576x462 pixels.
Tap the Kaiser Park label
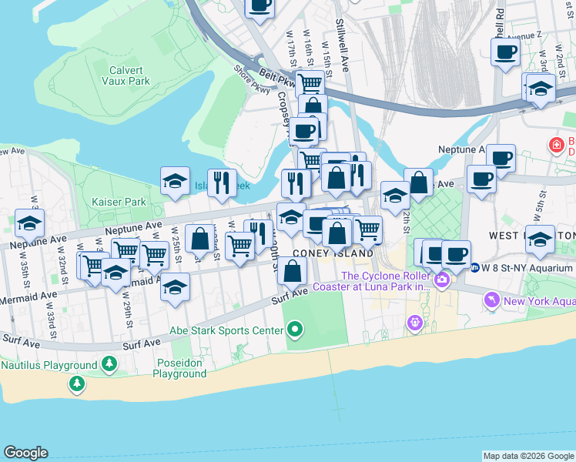point(119,202)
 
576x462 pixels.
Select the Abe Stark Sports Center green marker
point(294,331)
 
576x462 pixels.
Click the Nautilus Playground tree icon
point(77,383)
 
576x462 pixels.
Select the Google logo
point(25,453)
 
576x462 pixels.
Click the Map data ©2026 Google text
point(528,456)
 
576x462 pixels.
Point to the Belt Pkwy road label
point(277,77)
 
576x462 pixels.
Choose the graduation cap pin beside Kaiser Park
point(175,182)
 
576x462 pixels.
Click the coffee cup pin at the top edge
point(260,7)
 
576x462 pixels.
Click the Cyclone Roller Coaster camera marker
point(442,280)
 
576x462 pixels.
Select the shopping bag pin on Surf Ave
point(293,270)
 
